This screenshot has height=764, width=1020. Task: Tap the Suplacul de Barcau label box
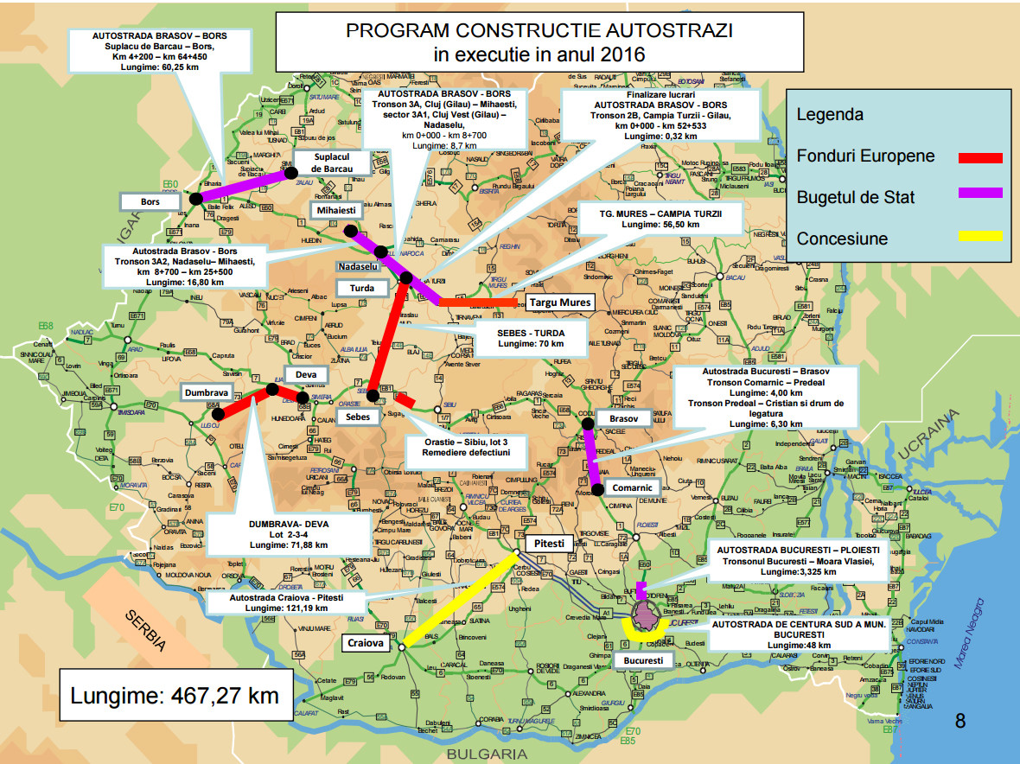point(333,162)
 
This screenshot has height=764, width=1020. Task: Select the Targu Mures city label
point(559,302)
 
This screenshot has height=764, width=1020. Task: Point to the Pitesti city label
point(548,544)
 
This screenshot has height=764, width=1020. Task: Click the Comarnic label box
point(633,487)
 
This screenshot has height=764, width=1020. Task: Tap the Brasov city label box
point(622,418)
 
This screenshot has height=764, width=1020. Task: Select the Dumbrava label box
point(206,392)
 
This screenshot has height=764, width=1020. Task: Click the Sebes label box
point(357,417)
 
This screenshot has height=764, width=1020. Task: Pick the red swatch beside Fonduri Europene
point(980,157)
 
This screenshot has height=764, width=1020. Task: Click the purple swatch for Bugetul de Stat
point(980,194)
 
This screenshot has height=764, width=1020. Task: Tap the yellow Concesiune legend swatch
point(980,236)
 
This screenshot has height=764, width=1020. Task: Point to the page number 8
point(959,721)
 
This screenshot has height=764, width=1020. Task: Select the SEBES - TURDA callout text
point(531,336)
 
